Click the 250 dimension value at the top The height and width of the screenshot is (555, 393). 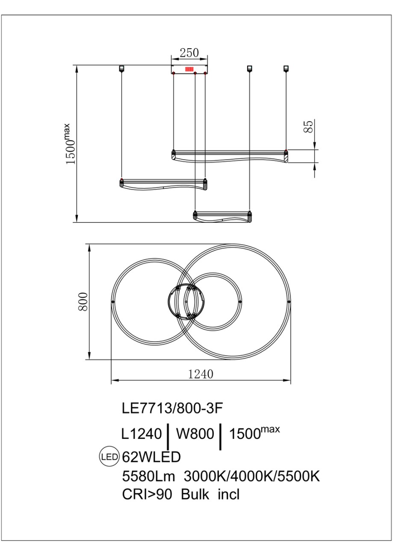pos(189,53)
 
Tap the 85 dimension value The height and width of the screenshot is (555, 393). pos(309,127)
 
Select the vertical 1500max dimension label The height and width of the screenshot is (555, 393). pos(70,144)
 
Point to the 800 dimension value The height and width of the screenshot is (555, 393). pos(83,302)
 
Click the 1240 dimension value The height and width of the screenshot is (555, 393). pos(201,374)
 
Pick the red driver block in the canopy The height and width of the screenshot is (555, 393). pos(189,69)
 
